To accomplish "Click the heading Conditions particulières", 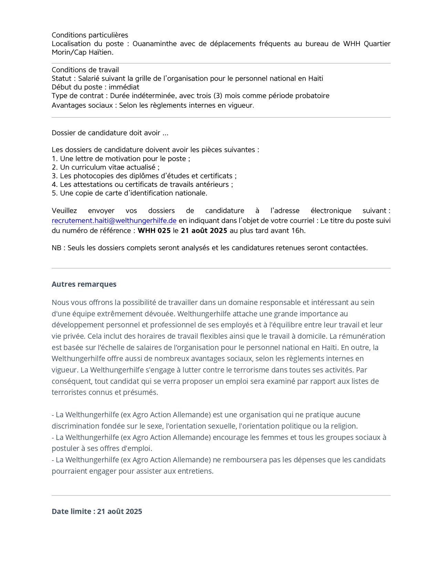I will click(90, 35).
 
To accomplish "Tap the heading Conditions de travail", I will click(85, 70).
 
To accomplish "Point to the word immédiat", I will click(124, 87).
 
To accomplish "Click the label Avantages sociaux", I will click(82, 105).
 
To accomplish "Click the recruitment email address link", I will click(114, 221).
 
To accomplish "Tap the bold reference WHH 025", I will click(154, 231).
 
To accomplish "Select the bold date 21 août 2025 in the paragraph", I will click(204, 231).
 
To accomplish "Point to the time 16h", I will click(298, 231).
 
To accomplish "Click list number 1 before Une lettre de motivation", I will click(54, 159).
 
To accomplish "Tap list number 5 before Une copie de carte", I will click(54, 193).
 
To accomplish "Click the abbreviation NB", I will click(56, 248).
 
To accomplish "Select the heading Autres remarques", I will click(84, 284).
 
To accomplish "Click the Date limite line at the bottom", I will click(97, 512).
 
